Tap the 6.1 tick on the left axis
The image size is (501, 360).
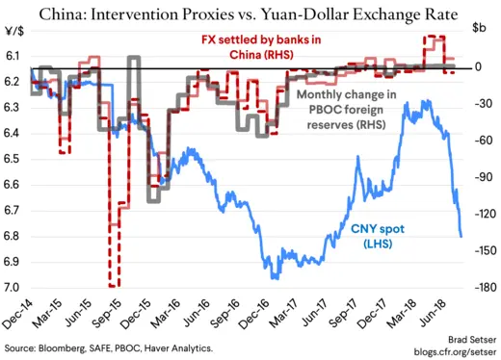(x=16, y=57)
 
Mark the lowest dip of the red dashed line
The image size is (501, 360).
(x=114, y=285)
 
